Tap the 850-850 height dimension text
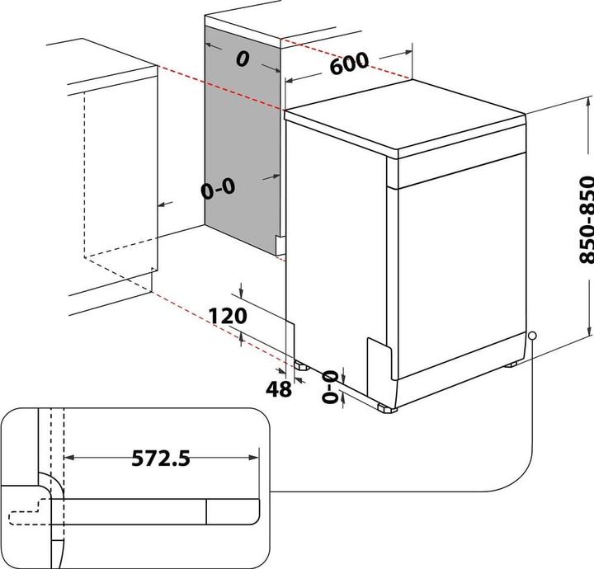586,219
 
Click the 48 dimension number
280,389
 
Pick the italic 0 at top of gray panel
243,59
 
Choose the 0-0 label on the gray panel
218,190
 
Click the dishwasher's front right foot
385,407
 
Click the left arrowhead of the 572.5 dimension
68,456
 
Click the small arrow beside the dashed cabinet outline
164,203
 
